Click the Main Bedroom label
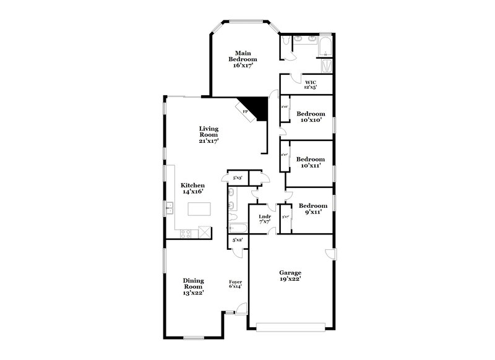243,59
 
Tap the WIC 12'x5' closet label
311,84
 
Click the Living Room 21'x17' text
209,135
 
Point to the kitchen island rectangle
197,209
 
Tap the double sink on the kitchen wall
168,209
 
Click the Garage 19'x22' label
290,275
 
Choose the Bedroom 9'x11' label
312,208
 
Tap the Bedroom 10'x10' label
310,117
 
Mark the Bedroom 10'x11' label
310,162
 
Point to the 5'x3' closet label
236,178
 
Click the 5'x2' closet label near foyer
237,239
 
